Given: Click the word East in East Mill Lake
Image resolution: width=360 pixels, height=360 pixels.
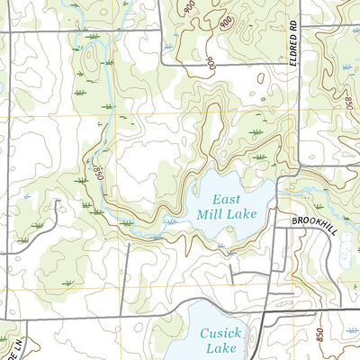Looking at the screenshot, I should pyautogui.click(x=224, y=198).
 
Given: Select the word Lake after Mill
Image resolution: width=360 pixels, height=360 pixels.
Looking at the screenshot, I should pyautogui.click(x=241, y=214).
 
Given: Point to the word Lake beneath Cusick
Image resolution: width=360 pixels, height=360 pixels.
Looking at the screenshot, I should pyautogui.click(x=219, y=348).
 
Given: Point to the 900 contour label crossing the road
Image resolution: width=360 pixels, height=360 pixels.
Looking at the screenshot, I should pyautogui.click(x=208, y=64).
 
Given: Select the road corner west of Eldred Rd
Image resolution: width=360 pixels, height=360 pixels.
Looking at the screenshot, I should pyautogui.click(x=161, y=65).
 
